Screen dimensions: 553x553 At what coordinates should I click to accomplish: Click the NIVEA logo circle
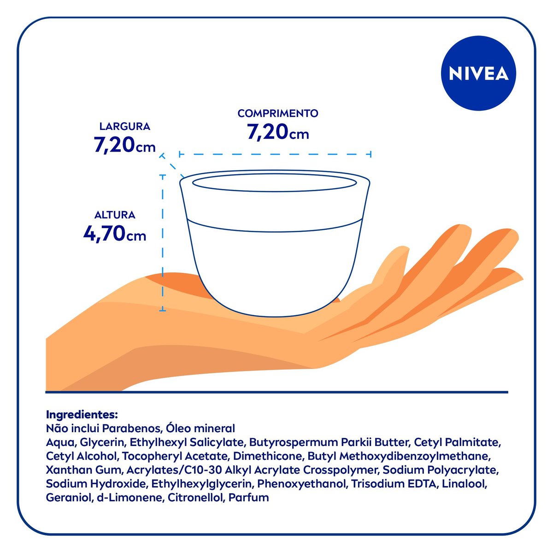click(478, 74)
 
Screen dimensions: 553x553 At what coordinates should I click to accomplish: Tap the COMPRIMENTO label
click(278, 113)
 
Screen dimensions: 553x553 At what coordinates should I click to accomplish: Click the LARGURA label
click(124, 126)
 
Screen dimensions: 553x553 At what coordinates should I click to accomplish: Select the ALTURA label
click(115, 215)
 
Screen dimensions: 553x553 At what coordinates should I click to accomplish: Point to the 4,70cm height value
click(115, 234)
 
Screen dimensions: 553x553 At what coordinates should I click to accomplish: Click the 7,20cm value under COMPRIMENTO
click(278, 132)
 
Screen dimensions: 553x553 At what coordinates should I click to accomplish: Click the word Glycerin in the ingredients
click(102, 442)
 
